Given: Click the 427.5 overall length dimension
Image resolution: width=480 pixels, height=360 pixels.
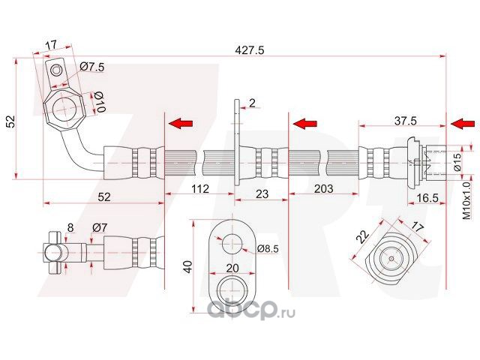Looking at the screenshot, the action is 249,50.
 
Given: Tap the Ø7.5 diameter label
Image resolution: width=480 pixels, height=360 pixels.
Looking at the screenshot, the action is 92,67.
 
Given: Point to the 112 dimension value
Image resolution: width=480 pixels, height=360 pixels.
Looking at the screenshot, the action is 200,188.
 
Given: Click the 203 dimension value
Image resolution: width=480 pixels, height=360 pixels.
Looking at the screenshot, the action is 323,188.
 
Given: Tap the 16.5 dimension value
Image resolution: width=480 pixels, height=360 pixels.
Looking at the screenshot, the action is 427,198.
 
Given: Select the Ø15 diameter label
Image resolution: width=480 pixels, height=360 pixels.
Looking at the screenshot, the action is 457,162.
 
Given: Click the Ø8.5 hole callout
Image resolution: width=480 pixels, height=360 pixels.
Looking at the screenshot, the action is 268,249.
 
